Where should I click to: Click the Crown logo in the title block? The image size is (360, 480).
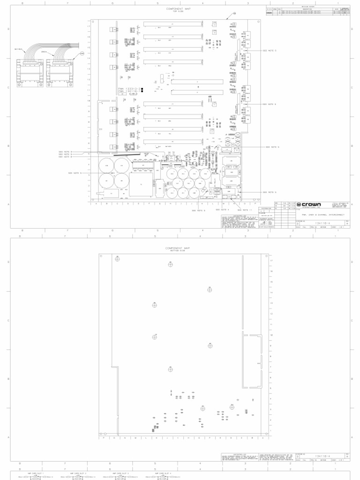(309, 205)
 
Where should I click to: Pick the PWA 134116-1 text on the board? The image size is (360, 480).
(127, 92)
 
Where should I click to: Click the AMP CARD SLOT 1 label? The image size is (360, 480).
(36, 473)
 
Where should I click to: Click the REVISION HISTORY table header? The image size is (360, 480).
(308, 7)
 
